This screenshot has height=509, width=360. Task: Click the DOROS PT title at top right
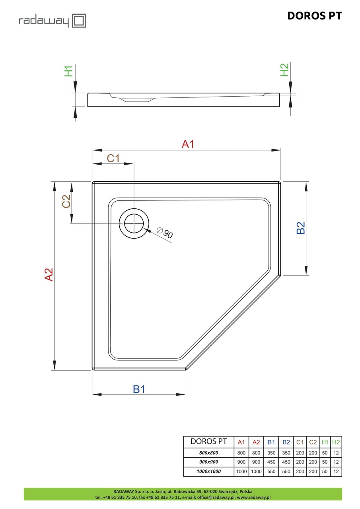(314, 16)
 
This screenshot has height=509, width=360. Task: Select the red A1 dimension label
(188, 144)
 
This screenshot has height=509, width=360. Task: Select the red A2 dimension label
(49, 275)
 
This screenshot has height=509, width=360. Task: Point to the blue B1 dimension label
(139, 389)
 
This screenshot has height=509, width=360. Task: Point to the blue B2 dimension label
(301, 228)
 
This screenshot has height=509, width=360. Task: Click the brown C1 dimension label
(113, 158)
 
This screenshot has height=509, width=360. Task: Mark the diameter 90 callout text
(165, 233)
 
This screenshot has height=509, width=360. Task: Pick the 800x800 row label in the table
(209, 453)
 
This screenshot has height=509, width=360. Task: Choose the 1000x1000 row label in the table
(209, 472)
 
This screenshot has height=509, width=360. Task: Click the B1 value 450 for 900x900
(271, 462)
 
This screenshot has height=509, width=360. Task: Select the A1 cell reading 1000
(241, 472)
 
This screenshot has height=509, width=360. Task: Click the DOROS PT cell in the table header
(209, 441)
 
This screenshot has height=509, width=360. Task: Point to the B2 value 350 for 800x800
(286, 453)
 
